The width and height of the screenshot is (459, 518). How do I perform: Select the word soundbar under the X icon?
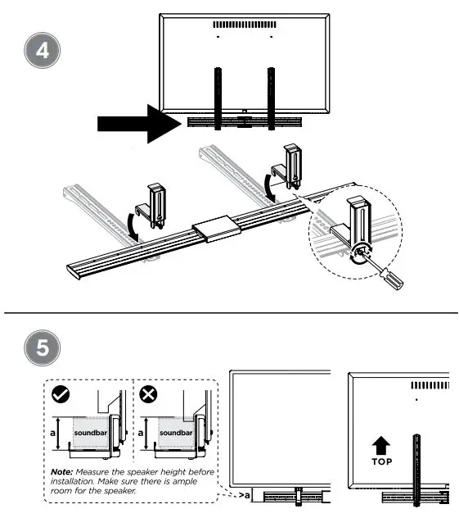point(176,432)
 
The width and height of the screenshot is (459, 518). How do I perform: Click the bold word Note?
point(62,472)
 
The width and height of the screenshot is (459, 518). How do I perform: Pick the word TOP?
point(380,461)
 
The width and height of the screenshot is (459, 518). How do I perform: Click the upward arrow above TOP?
point(380,443)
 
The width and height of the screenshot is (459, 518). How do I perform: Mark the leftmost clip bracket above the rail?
point(155,205)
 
